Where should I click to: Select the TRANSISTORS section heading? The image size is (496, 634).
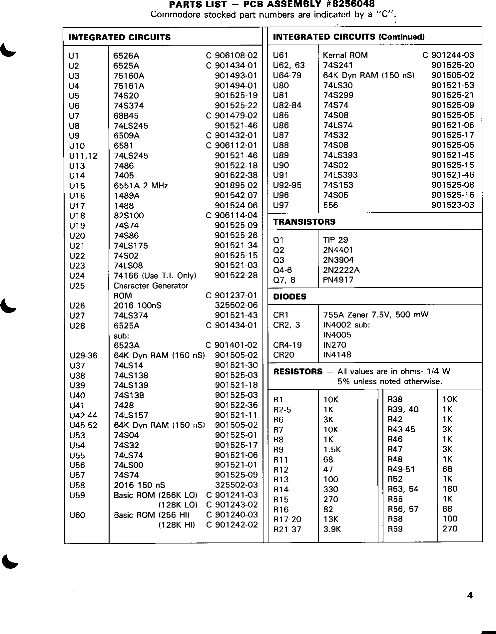click(304, 222)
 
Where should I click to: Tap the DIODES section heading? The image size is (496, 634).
click(289, 297)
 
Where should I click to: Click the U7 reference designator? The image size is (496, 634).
click(74, 116)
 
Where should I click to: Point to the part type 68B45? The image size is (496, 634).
click(126, 116)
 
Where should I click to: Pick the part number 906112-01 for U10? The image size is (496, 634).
click(236, 145)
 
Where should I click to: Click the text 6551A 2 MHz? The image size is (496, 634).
click(141, 185)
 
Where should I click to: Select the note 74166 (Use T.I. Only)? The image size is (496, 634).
click(155, 276)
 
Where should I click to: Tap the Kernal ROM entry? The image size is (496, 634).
click(345, 55)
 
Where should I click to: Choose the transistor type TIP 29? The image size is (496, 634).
click(335, 240)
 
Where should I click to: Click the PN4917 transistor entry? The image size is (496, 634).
click(338, 280)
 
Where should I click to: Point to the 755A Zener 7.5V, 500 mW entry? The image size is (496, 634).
click(376, 315)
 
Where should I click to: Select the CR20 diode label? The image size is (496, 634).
click(283, 355)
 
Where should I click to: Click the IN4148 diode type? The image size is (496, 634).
click(337, 355)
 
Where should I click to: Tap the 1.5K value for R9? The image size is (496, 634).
click(332, 450)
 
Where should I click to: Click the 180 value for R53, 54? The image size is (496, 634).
click(450, 489)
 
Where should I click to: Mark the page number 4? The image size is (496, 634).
click(470, 595)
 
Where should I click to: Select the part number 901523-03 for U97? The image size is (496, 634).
click(453, 205)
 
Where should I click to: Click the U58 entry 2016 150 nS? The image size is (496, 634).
click(139, 485)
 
